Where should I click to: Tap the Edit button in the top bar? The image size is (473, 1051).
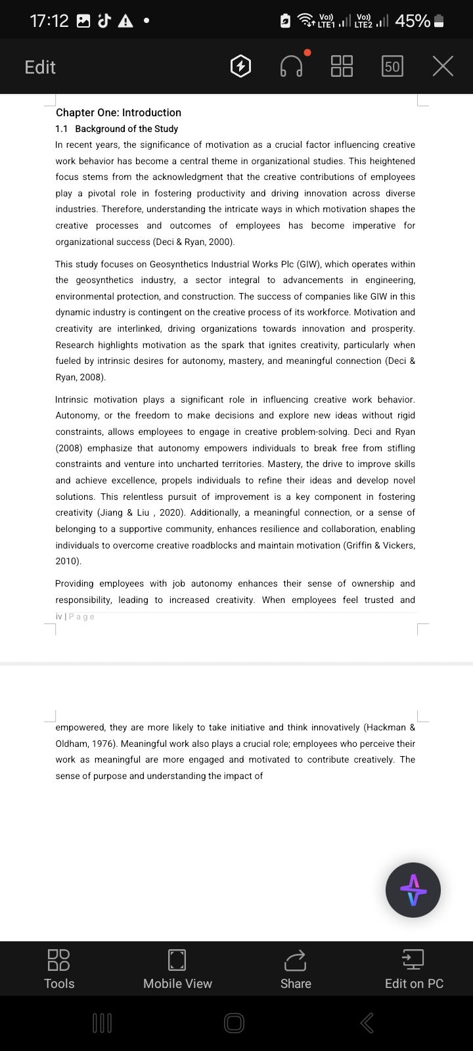[x=40, y=67]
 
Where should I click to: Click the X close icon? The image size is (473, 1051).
[x=443, y=66]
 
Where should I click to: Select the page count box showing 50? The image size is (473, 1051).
[x=392, y=66]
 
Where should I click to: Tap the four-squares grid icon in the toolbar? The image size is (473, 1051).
[x=342, y=66]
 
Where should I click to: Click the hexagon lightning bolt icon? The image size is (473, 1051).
[x=241, y=66]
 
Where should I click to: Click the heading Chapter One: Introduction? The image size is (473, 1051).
[x=118, y=112]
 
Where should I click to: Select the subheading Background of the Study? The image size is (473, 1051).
[x=126, y=129]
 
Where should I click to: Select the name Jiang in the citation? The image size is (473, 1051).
[x=109, y=513]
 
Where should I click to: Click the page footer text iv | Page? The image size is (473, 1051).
[x=75, y=617]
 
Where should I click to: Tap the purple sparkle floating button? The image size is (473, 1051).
[x=413, y=890]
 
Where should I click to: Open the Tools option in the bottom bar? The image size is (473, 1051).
[x=59, y=968]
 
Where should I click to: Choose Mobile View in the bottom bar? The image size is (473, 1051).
[x=177, y=968]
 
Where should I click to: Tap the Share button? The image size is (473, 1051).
[x=296, y=968]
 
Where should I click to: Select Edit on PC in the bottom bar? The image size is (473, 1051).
[x=414, y=968]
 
